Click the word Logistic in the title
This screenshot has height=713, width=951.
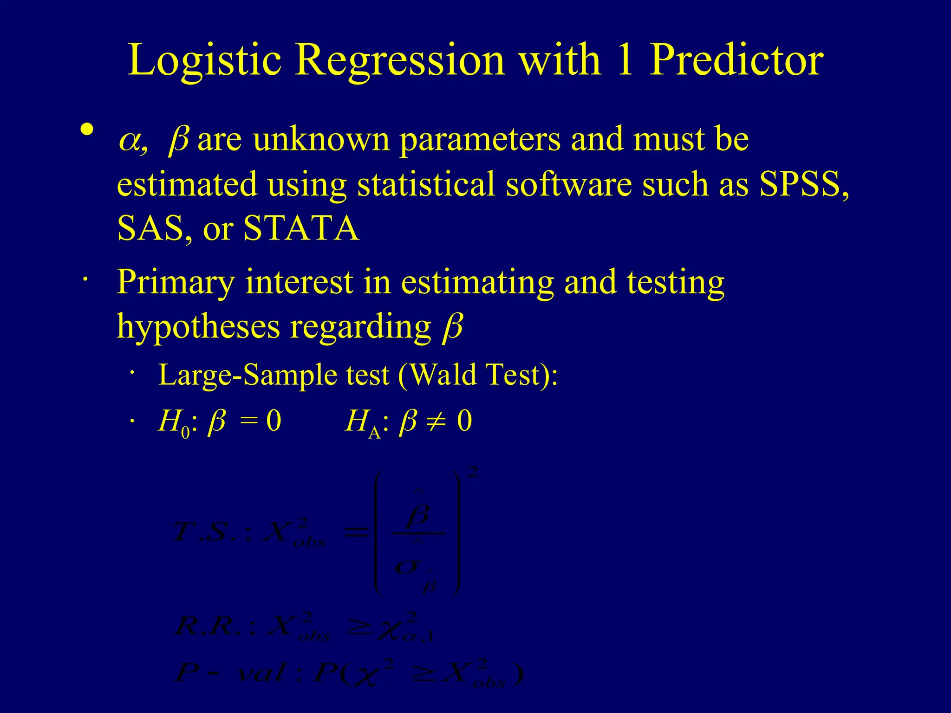click(204, 60)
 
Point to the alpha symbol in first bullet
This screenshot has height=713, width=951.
click(130, 141)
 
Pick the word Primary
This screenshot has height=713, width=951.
click(176, 282)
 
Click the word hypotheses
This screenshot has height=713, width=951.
click(198, 327)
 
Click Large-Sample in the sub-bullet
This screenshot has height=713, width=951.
click(247, 375)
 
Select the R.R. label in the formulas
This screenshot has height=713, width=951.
click(207, 627)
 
